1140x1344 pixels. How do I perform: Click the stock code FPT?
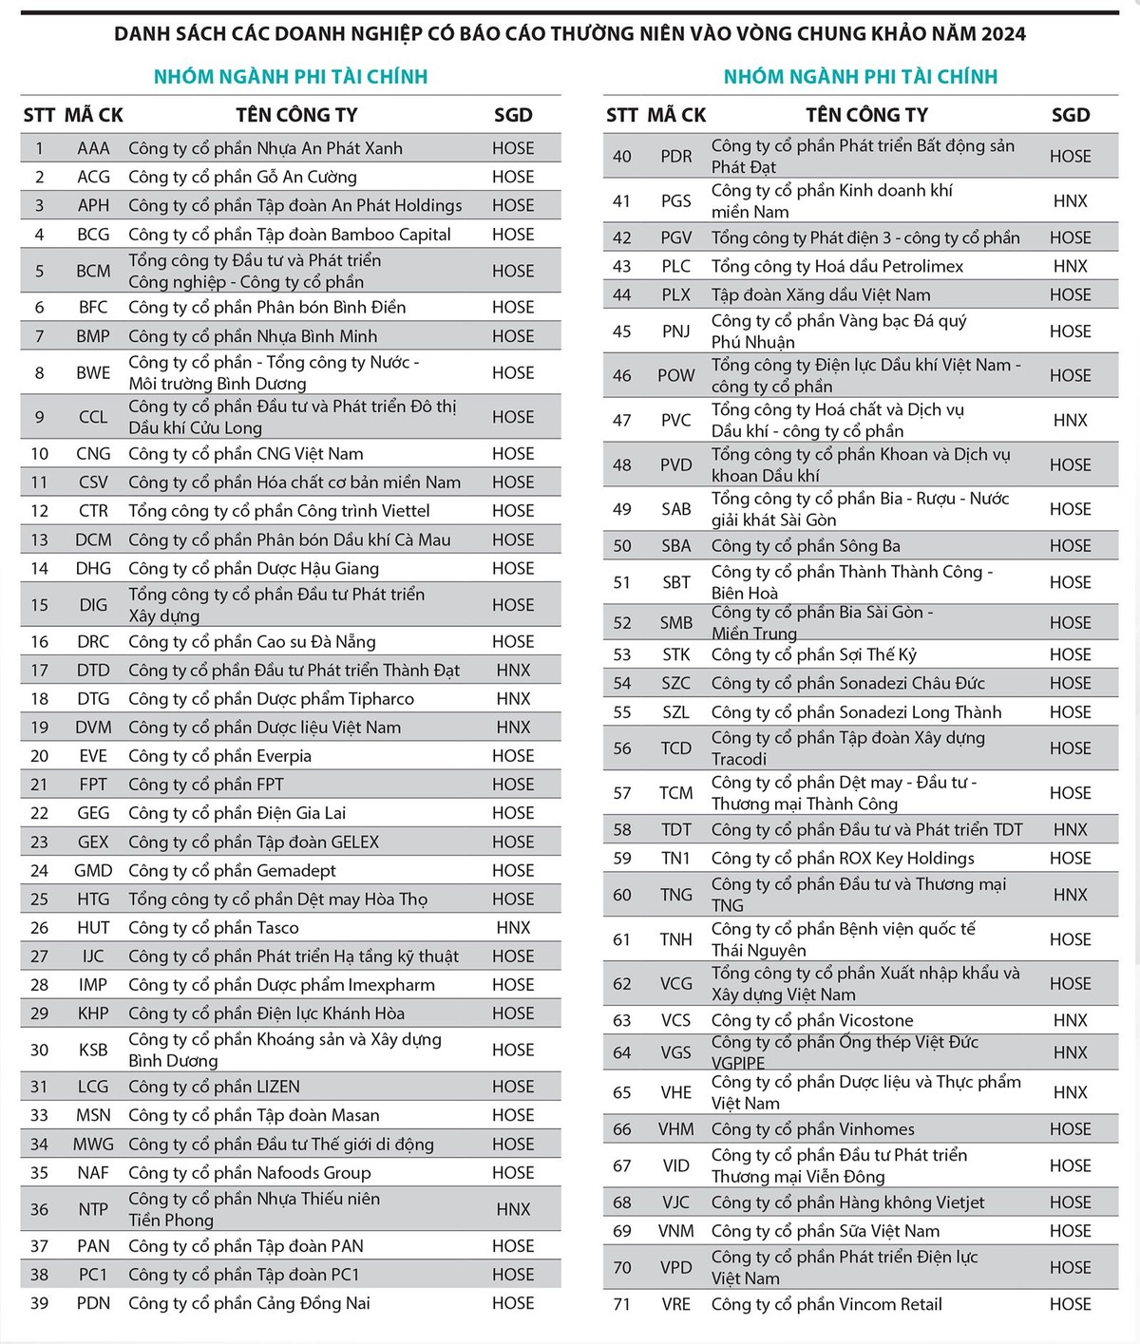tap(93, 785)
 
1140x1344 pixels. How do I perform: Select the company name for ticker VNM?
tap(825, 1231)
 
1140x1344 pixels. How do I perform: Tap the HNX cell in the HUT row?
tap(513, 927)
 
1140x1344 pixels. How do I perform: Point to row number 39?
tap(39, 1303)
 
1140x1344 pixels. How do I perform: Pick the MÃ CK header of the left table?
tap(94, 115)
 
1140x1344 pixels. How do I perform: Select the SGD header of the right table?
tap(1070, 115)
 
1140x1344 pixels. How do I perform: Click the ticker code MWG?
tap(93, 1145)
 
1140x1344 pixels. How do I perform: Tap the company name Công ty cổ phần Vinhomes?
tap(812, 1129)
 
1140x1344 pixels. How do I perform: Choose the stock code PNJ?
tap(676, 331)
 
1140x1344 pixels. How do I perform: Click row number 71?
tap(622, 1304)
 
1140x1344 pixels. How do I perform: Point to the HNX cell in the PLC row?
tap(1070, 266)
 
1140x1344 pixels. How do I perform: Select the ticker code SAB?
tap(676, 509)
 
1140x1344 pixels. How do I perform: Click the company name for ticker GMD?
tap(232, 870)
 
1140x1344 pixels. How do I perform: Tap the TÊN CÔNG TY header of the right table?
tap(866, 115)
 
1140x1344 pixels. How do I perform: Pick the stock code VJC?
tap(676, 1202)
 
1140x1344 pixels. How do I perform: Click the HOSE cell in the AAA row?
tap(513, 148)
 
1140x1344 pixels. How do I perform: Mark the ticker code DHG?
tap(93, 568)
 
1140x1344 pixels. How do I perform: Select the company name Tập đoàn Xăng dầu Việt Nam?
tap(821, 294)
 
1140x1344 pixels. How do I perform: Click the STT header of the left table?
tap(39, 115)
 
